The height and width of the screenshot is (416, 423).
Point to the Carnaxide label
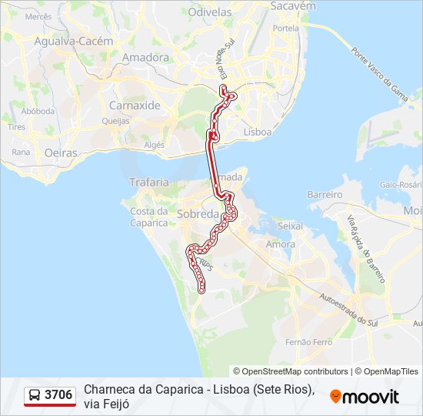click(x=135, y=105)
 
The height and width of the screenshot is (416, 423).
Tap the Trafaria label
click(x=148, y=183)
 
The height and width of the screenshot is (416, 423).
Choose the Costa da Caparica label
click(x=148, y=217)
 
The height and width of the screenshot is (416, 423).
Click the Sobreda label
click(x=198, y=214)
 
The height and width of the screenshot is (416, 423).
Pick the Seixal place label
click(x=289, y=226)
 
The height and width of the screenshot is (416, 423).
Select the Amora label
click(x=279, y=244)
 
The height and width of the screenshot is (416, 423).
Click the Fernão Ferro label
click(x=308, y=341)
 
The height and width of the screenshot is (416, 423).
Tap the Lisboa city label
click(x=257, y=132)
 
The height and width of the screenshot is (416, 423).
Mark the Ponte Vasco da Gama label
click(x=379, y=77)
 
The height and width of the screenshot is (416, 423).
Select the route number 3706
click(x=58, y=395)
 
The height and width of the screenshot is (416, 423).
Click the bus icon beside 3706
click(x=35, y=396)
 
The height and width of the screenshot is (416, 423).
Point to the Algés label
click(x=155, y=145)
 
